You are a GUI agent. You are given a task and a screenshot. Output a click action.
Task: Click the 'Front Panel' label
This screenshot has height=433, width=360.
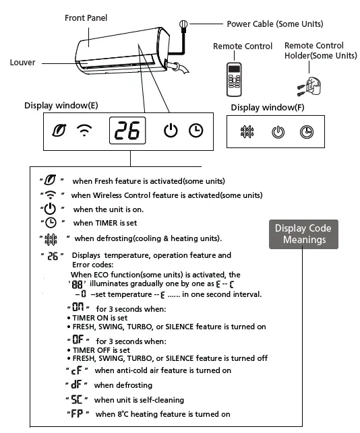coord(86,18)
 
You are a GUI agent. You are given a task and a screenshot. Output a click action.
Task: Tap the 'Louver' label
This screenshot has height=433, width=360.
coord(22,63)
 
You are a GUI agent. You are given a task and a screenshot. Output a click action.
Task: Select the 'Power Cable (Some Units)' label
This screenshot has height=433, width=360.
coord(274,24)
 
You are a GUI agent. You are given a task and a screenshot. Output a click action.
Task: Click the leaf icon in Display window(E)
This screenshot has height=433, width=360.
coord(59,131)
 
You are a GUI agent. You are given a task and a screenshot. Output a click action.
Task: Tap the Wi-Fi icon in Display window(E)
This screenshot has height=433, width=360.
coord(84,131)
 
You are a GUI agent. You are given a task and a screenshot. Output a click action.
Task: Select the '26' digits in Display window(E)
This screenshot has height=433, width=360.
coord(127,131)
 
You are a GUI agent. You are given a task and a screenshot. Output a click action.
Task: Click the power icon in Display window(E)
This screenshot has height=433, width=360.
coord(171,131)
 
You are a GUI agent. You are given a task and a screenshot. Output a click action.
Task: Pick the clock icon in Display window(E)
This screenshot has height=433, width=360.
coord(196,131)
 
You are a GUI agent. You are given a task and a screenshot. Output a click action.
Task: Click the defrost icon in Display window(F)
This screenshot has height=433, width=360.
coord(247,132)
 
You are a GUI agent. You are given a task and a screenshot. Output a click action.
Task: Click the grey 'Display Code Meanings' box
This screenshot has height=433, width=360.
coord(303,234)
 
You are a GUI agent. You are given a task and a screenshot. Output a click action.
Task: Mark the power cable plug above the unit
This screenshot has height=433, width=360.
coord(183,25)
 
